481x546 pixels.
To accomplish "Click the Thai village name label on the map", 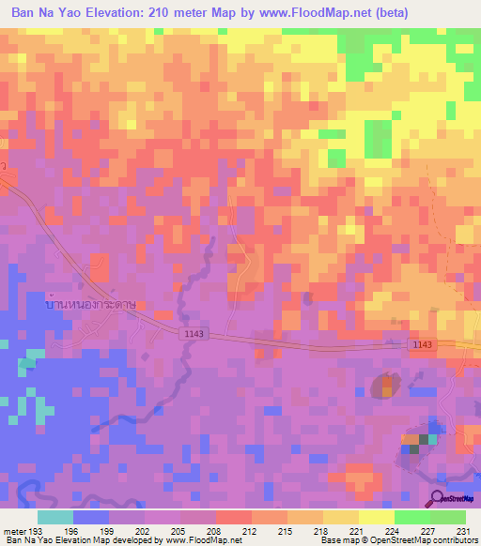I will click(x=90, y=305).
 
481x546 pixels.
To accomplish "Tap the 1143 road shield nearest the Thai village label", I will click(x=193, y=334).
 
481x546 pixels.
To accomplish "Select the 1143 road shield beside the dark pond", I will click(x=422, y=346).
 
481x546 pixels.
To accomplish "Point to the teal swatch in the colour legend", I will click(x=55, y=517).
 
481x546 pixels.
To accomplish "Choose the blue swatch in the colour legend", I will click(x=91, y=517).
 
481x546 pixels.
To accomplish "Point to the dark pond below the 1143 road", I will click(x=384, y=385).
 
